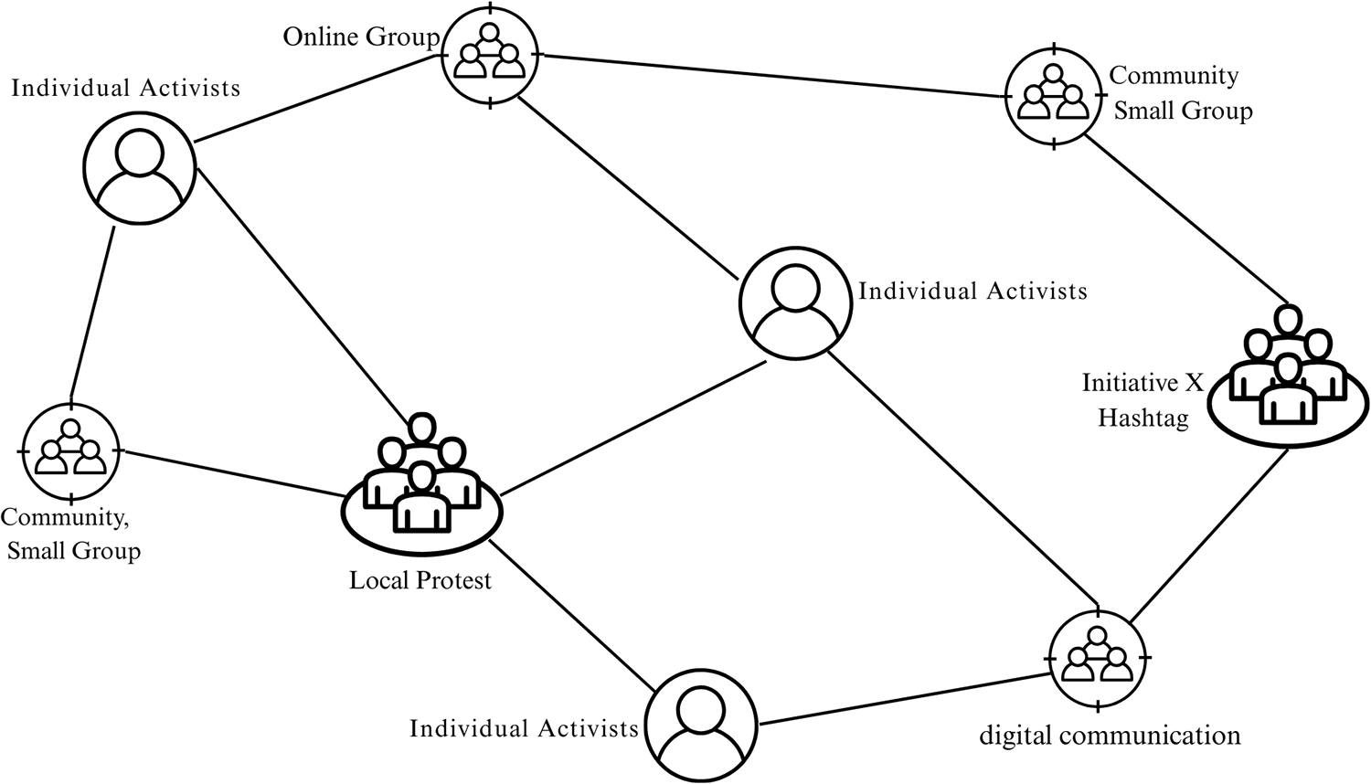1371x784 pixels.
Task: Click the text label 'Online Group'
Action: tap(361, 37)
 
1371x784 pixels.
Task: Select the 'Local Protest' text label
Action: tap(420, 580)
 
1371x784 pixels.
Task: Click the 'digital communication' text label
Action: tap(1110, 736)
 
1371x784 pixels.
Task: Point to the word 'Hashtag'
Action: tap(1142, 418)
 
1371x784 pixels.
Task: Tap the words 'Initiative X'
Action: tap(1142, 382)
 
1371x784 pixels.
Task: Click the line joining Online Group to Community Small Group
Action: tap(772, 76)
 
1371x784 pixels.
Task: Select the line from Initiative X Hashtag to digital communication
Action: tap(1211, 537)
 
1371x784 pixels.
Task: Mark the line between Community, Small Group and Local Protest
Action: tap(233, 474)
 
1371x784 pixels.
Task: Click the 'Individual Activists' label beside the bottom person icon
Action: tap(524, 728)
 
